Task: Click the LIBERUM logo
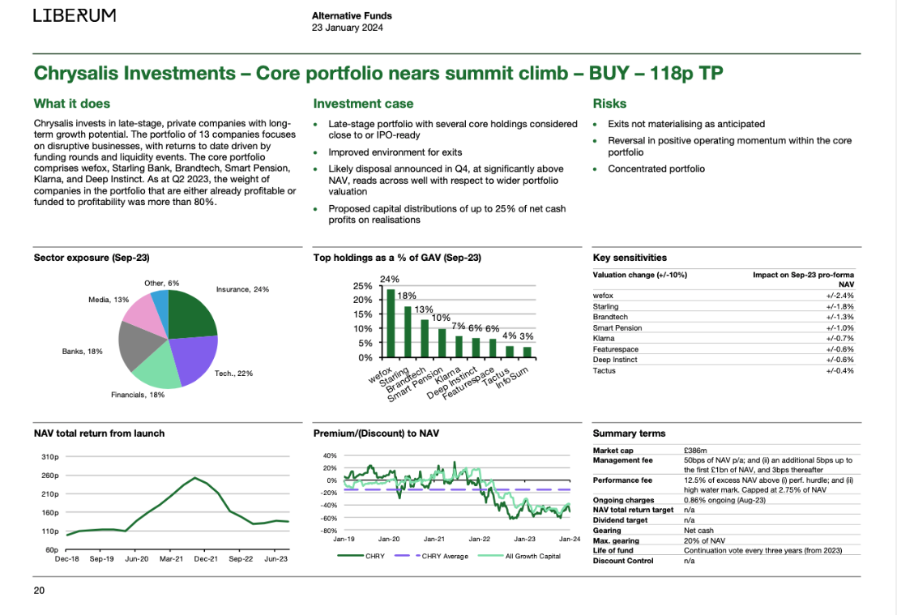(x=75, y=15)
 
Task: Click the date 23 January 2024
(x=348, y=28)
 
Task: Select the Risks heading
(x=609, y=104)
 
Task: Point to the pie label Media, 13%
(x=109, y=300)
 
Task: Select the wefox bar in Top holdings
(x=391, y=323)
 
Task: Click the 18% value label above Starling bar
(x=407, y=296)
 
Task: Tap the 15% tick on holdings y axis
(x=363, y=314)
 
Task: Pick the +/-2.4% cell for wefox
(x=839, y=296)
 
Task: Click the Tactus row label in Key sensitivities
(x=604, y=371)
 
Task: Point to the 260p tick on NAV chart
(x=49, y=476)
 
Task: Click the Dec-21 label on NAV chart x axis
(x=206, y=559)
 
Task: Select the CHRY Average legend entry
(x=431, y=556)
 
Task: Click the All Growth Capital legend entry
(x=519, y=556)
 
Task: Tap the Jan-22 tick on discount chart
(x=480, y=539)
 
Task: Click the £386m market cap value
(x=695, y=451)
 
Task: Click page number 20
(x=39, y=591)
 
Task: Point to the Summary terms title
(x=630, y=433)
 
